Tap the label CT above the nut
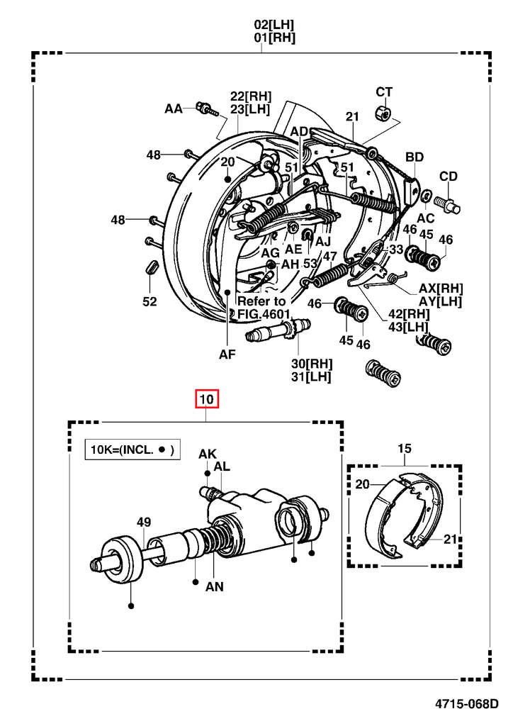[x=383, y=91]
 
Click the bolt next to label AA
[x=203, y=109]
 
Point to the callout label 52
[x=149, y=301]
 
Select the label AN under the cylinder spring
[x=215, y=586]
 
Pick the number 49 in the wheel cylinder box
[x=144, y=523]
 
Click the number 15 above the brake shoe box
[x=404, y=448]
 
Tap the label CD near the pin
[x=448, y=177]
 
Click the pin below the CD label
[x=450, y=204]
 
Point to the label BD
[x=415, y=157]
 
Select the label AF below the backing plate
[x=227, y=355]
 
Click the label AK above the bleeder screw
[x=207, y=454]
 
